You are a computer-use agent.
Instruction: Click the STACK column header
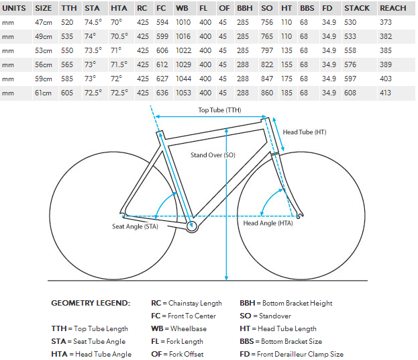click(x=357, y=8)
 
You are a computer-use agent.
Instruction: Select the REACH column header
click(x=393, y=8)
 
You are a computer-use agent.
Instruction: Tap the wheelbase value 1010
click(x=183, y=22)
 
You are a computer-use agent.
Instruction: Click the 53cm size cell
click(x=43, y=50)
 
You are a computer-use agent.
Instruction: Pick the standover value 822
click(x=267, y=65)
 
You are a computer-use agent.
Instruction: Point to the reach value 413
click(x=386, y=93)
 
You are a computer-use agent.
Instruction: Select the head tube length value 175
click(x=286, y=79)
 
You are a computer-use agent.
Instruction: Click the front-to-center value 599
click(x=162, y=36)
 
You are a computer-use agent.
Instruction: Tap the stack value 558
click(x=350, y=50)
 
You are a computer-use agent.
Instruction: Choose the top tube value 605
click(x=67, y=93)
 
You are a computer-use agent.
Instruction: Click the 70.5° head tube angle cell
click(x=119, y=36)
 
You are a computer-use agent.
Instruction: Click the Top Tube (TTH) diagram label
click(x=219, y=110)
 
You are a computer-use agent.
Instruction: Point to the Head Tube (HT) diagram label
click(x=305, y=132)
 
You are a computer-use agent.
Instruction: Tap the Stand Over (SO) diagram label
click(x=213, y=155)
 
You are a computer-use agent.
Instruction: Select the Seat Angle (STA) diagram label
click(x=135, y=226)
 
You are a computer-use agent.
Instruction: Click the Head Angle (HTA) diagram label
click(x=268, y=223)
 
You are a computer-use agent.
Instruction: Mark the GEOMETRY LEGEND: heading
click(x=91, y=303)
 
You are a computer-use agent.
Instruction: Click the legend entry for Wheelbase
click(x=178, y=328)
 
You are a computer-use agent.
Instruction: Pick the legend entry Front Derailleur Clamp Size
click(x=291, y=354)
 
